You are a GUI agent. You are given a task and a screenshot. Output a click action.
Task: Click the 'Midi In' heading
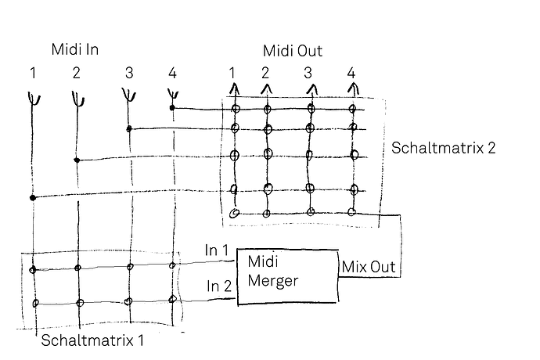tap(75, 49)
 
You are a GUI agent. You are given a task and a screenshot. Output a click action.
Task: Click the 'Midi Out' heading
tap(293, 51)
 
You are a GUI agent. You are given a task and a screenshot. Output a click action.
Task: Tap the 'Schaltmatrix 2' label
tap(443, 148)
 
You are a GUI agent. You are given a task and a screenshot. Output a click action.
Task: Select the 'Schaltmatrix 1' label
tap(92, 340)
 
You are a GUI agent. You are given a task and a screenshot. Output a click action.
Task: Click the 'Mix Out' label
tap(369, 267)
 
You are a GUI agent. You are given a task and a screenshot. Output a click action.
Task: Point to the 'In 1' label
tap(216, 250)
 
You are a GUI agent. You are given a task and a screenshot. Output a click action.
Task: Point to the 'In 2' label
tap(219, 286)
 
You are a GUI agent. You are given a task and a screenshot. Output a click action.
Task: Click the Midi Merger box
tap(288, 276)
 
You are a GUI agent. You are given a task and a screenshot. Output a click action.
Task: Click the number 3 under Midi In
tap(129, 73)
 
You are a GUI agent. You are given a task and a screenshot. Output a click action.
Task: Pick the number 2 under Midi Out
tap(265, 73)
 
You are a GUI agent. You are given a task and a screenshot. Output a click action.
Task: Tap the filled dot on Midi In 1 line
tap(33, 198)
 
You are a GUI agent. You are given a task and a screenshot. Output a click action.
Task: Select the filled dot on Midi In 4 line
tap(172, 108)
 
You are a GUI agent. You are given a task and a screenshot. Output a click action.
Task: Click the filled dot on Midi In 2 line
tap(77, 160)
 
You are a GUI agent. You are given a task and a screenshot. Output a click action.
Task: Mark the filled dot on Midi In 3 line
tap(129, 129)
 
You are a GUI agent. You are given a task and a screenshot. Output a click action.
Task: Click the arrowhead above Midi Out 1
tap(235, 89)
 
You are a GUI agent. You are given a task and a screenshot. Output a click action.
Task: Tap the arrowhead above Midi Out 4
tap(353, 89)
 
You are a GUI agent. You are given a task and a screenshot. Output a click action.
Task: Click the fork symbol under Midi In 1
tap(34, 99)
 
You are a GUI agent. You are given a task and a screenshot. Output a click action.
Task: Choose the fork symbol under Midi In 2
tap(77, 99)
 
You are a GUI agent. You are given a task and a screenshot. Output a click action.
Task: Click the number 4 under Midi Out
tap(351, 73)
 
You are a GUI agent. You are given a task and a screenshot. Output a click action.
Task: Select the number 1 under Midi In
tap(33, 73)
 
